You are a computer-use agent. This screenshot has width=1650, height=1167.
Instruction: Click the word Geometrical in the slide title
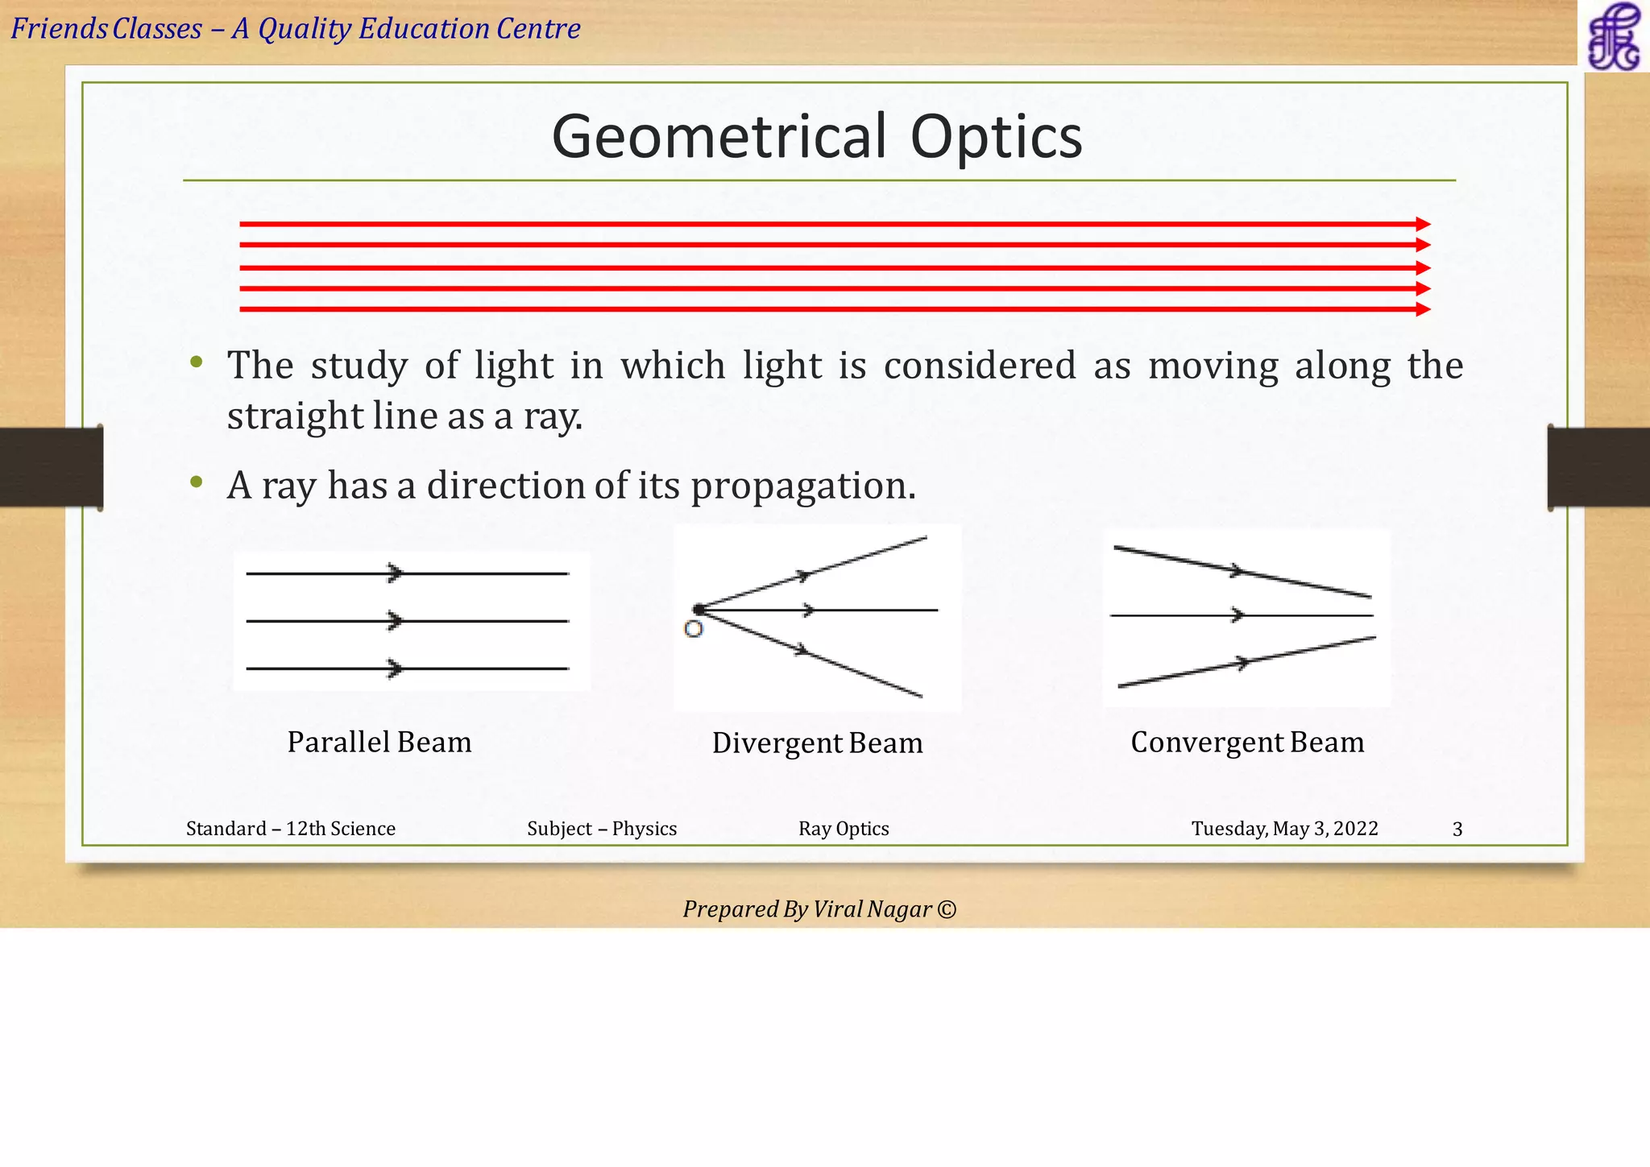(719, 136)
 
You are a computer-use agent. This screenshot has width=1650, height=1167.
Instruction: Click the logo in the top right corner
(1613, 36)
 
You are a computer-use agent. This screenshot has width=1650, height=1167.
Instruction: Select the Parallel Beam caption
(379, 742)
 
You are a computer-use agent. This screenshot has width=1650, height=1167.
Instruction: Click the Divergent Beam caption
(817, 743)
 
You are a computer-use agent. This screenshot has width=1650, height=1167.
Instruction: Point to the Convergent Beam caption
(1247, 742)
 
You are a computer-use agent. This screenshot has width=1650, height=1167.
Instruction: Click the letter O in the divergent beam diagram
(693, 630)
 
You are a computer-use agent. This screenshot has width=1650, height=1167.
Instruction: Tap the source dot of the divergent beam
(699, 610)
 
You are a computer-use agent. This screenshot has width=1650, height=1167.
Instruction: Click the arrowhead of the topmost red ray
(1423, 225)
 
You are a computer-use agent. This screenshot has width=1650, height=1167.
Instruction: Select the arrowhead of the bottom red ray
(1423, 309)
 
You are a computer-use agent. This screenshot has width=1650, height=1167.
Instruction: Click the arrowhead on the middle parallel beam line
(395, 621)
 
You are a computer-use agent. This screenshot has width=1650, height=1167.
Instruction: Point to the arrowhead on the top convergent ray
(1236, 571)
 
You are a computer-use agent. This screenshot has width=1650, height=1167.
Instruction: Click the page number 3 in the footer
(1457, 830)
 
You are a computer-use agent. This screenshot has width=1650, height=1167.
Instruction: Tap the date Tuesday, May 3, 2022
(1284, 829)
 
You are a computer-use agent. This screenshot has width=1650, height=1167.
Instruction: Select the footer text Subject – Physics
(602, 829)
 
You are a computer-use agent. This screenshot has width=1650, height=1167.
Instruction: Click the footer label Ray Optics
(844, 829)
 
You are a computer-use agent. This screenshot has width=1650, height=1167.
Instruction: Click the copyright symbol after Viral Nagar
(947, 909)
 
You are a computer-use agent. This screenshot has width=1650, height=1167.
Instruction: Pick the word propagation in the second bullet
(803, 486)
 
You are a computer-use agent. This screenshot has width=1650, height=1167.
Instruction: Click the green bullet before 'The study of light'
(196, 363)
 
